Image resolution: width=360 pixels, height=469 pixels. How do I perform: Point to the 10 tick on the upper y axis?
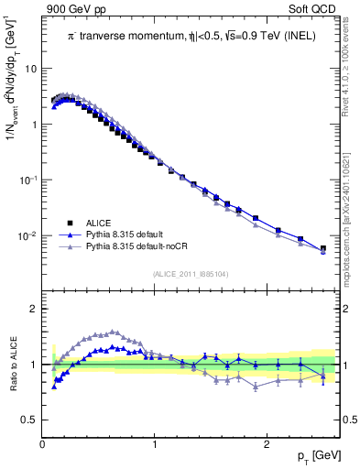click(30, 69)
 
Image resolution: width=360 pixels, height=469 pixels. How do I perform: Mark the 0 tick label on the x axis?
click(43, 444)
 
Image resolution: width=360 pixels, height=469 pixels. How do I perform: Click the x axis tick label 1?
click(155, 444)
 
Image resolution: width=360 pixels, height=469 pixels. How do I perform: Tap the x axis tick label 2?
click(267, 444)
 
